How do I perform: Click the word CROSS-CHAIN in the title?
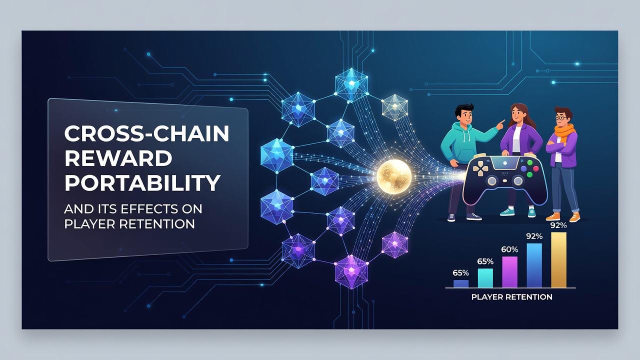pyautogui.click(x=146, y=133)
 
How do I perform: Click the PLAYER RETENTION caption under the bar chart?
pyautogui.click(x=511, y=297)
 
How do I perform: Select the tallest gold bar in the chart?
pyautogui.click(x=558, y=259)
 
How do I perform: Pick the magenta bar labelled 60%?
pyautogui.click(x=509, y=271)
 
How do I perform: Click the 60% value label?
pyautogui.click(x=509, y=249)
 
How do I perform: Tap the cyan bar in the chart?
pyautogui.click(x=485, y=277)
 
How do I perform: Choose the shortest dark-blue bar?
pyautogui.click(x=461, y=283)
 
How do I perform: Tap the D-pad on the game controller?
pyautogui.click(x=480, y=168)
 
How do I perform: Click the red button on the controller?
pyautogui.click(x=535, y=168)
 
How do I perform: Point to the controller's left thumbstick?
pyautogui.click(x=492, y=180)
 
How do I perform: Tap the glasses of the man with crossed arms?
pyautogui.click(x=560, y=117)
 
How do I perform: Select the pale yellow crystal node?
pyautogui.click(x=394, y=107)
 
